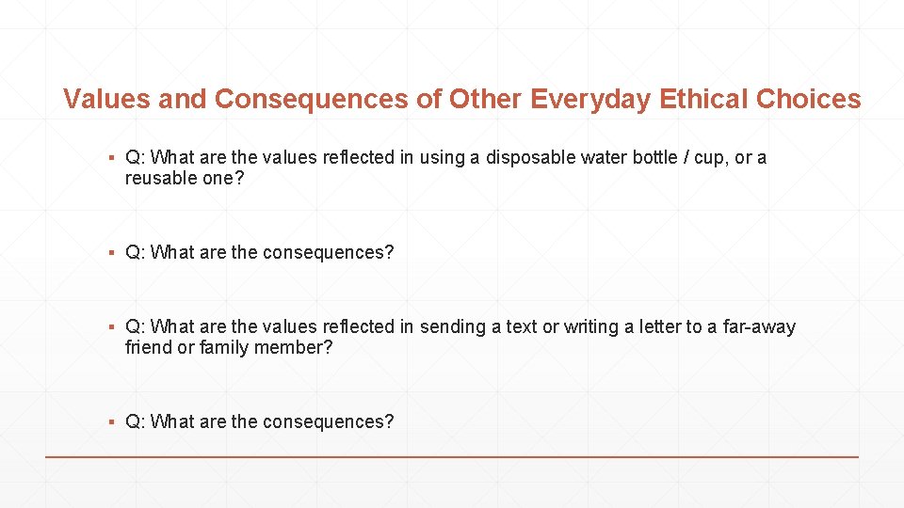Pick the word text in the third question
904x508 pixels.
pyautogui.click(x=522, y=326)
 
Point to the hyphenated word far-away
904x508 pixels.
pyautogui.click(x=758, y=326)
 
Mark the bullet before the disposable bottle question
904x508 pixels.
pyautogui.click(x=111, y=158)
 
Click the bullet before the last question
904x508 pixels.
pyautogui.click(x=111, y=422)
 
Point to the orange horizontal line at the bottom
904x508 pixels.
pyautogui.click(x=452, y=456)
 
